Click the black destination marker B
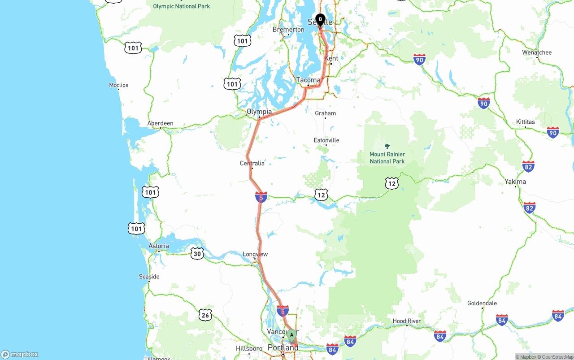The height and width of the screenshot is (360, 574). [320, 19]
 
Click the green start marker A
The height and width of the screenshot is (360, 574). [291, 334]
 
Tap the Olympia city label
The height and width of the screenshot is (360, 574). [259, 112]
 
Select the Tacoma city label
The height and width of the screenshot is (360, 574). [308, 80]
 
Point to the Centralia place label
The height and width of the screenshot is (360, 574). [252, 163]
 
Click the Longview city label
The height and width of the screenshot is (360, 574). [255, 254]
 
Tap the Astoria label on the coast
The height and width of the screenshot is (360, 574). [159, 246]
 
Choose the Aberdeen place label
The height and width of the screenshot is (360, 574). [160, 123]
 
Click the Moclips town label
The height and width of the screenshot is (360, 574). [119, 85]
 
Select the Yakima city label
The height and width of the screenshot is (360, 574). [515, 182]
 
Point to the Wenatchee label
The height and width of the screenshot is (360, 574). [537, 52]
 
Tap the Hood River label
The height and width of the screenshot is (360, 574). [407, 321]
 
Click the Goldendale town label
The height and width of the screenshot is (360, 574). [482, 303]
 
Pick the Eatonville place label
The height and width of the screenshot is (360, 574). [326, 140]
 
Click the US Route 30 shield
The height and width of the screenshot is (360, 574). [197, 254]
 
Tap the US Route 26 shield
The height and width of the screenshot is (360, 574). [205, 315]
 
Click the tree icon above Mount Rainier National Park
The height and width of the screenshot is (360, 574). [387, 146]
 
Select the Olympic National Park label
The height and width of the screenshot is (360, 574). [181, 6]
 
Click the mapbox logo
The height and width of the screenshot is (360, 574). [20, 354]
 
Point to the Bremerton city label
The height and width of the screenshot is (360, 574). [288, 30]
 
